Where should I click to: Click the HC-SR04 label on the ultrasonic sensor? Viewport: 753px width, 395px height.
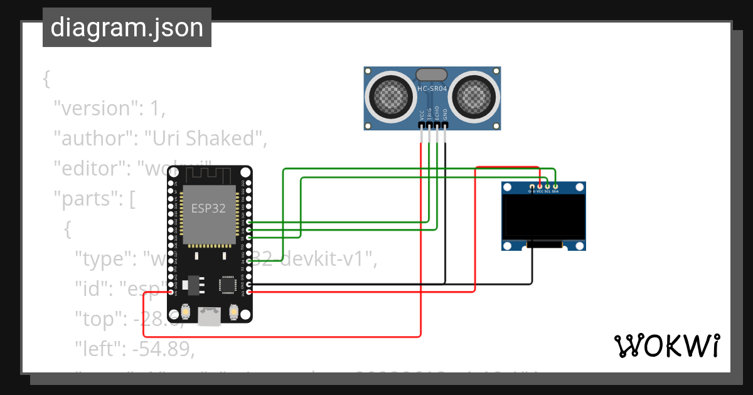click(x=432, y=89)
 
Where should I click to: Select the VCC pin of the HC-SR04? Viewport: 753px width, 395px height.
click(x=421, y=125)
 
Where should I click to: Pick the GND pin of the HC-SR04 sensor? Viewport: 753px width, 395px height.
click(x=445, y=125)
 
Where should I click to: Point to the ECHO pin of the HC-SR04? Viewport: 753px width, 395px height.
click(x=437, y=125)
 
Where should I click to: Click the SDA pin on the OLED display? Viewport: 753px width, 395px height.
click(x=555, y=186)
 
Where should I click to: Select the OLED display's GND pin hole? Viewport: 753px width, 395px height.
click(x=532, y=186)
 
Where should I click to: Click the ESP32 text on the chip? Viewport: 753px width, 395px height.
click(x=208, y=209)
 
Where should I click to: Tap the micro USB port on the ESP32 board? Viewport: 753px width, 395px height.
click(x=208, y=316)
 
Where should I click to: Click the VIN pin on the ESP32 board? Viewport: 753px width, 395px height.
click(x=171, y=292)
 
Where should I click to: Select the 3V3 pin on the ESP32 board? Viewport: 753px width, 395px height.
click(x=250, y=292)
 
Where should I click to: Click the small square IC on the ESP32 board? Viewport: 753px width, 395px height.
click(x=226, y=284)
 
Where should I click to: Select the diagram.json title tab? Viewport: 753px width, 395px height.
click(x=127, y=28)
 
